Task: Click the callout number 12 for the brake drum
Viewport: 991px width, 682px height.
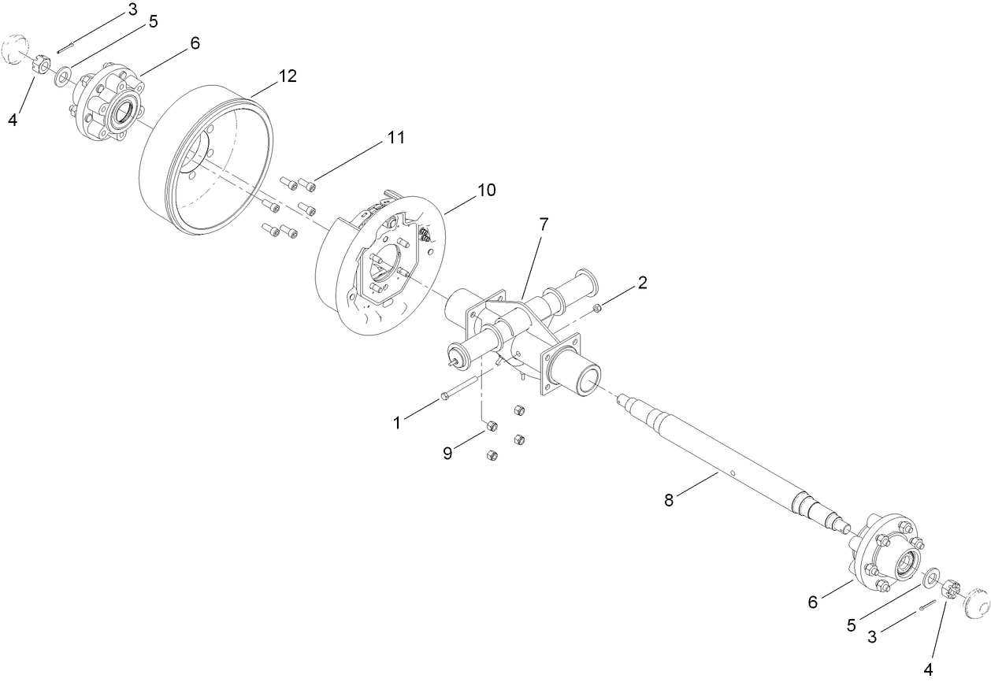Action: tap(287, 76)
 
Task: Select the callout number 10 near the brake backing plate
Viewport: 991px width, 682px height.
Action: tap(486, 190)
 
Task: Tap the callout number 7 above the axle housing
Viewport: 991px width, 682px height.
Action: tap(543, 224)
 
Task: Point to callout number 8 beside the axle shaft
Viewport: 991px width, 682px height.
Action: tap(669, 500)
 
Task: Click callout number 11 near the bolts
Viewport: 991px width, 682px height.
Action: tap(395, 138)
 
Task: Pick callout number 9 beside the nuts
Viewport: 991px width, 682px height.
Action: tap(447, 454)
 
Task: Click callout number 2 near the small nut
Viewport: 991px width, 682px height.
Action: tap(643, 283)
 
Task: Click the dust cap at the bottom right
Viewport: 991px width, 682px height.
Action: tap(975, 602)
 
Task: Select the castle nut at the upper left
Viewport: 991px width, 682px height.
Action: tap(43, 64)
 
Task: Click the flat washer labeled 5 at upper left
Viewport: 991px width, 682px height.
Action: tap(62, 78)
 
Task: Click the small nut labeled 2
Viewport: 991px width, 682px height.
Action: tap(599, 306)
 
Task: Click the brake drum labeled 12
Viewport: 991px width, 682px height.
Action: tap(206, 161)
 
